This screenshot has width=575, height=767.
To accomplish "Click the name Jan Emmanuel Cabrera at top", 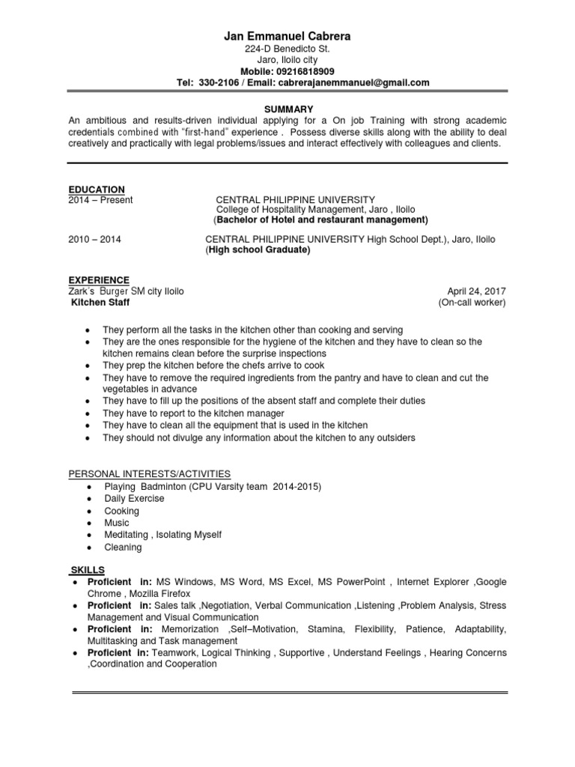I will (x=287, y=35).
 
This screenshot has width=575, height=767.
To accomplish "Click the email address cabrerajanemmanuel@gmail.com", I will (x=353, y=82).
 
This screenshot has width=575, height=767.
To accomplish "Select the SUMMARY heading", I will (x=287, y=109).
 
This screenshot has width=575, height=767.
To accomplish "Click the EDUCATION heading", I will (x=97, y=190).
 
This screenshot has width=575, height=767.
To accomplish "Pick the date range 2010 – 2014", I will (x=94, y=240).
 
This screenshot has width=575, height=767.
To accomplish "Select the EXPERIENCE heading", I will (x=99, y=279).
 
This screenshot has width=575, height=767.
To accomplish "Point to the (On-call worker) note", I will (x=472, y=302).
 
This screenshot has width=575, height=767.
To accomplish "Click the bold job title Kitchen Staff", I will (x=100, y=302).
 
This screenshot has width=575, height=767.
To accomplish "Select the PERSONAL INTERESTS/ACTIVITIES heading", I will (x=150, y=474).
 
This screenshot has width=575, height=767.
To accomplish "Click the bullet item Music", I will (x=116, y=523).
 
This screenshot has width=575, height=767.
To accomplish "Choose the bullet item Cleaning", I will (x=122, y=547).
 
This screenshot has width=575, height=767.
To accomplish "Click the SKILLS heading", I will (x=89, y=571).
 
